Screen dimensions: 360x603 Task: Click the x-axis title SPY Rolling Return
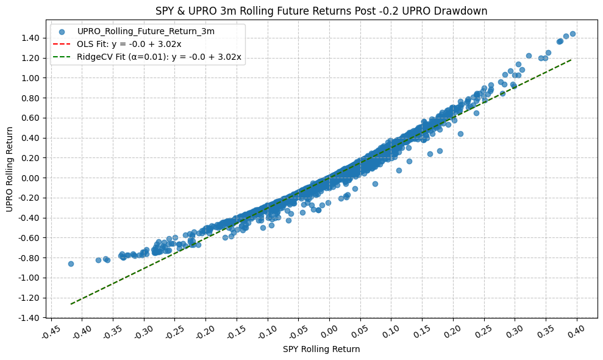(x=321, y=350)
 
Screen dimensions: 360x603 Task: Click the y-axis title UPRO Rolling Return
(x=9, y=169)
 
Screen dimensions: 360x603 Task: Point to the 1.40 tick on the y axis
(x=28, y=38)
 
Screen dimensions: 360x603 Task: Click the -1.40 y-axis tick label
(x=27, y=318)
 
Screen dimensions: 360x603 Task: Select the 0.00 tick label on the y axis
(x=28, y=178)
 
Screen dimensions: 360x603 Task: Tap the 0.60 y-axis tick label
(x=28, y=118)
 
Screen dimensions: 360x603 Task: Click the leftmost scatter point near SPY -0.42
(x=71, y=264)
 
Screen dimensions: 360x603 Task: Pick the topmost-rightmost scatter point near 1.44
(x=573, y=34)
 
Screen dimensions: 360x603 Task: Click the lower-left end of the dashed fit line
(x=71, y=303)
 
